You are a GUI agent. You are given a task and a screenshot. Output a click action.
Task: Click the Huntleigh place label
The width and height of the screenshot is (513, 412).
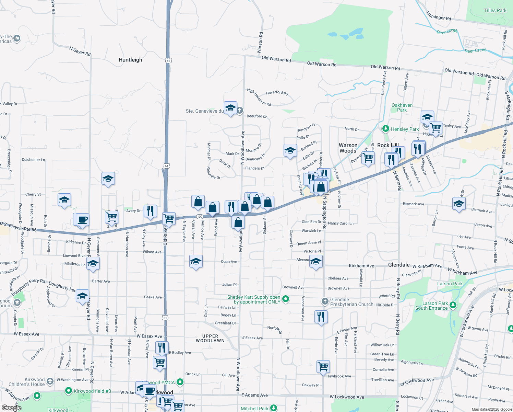[130, 60]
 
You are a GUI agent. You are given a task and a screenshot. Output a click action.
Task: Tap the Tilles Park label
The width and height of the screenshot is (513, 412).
[495, 10]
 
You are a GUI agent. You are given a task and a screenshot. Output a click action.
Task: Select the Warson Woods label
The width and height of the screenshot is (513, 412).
[348, 148]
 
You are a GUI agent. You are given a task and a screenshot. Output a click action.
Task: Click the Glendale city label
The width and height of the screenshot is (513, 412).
[399, 265]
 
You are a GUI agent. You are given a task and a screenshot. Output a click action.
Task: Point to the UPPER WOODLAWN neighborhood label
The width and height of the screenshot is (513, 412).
[210, 339]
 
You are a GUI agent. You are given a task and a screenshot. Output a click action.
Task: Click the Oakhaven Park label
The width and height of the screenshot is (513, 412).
[402, 107]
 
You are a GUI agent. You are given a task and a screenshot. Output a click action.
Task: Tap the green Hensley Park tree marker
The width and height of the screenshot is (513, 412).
[386, 129]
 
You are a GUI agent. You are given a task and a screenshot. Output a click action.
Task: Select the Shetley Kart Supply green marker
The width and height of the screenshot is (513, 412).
[285, 299]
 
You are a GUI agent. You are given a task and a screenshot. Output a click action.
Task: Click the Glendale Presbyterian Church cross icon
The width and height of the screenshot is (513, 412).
[325, 301]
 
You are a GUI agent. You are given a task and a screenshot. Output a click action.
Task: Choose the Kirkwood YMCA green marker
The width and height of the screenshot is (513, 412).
[180, 382]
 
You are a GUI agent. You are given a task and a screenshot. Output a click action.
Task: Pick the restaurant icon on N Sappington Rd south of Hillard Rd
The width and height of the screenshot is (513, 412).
[321, 317]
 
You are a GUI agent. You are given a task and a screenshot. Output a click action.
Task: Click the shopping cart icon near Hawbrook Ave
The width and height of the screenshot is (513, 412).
[323, 366]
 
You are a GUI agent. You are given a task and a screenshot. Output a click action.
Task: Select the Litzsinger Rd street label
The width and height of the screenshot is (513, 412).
[439, 16]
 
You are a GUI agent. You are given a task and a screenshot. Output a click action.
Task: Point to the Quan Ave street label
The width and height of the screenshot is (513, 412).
[229, 262]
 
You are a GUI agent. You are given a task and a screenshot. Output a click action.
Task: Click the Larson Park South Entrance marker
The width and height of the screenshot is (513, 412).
[453, 305]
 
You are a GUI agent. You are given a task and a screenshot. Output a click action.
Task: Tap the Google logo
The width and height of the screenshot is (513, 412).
[11, 408]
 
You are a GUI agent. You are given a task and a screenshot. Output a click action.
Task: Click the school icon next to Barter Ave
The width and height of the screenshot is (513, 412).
[93, 264]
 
